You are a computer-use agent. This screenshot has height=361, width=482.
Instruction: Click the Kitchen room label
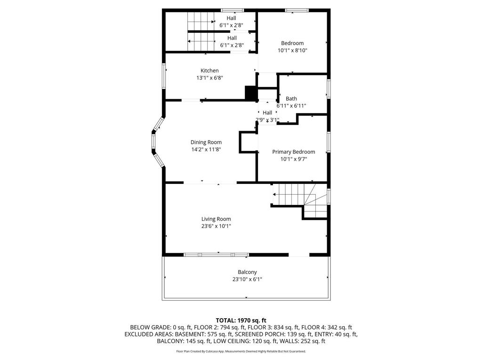[209, 71]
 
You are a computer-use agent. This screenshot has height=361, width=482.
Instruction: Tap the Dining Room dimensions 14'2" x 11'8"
[206, 149]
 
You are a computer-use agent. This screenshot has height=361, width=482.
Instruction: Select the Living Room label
[216, 219]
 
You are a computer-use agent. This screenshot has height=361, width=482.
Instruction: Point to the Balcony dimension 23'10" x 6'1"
[247, 279]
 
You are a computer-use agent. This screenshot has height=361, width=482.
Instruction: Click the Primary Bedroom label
[293, 152]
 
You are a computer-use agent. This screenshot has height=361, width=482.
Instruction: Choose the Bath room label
[291, 99]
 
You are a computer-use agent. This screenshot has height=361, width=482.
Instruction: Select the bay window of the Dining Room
[155, 142]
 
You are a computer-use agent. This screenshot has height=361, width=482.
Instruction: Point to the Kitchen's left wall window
[164, 76]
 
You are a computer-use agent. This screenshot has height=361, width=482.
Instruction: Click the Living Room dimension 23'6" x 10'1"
[216, 226]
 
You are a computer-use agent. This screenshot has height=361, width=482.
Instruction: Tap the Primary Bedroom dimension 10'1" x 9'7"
[293, 159]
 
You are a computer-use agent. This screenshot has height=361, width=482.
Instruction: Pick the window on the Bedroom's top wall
[297, 10]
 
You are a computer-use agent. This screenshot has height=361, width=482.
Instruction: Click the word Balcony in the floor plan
[247, 272]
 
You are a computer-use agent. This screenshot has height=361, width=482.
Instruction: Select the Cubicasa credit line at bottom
[241, 351]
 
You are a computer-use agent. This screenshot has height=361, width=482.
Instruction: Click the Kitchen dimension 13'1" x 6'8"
[209, 78]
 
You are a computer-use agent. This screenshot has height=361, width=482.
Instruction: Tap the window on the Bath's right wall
[329, 89]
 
